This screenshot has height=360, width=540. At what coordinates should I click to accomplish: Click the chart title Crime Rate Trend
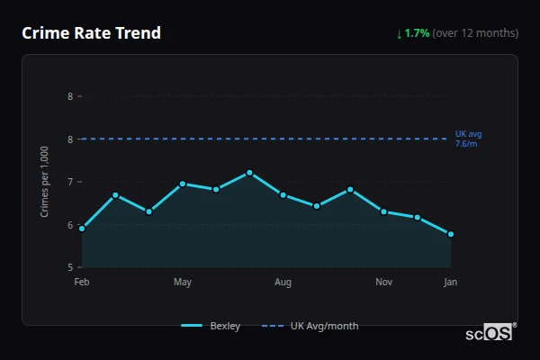pyautogui.click(x=91, y=33)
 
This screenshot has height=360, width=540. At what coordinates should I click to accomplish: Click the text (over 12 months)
pyautogui.click(x=475, y=33)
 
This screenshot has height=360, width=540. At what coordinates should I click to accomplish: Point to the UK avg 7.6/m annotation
pyautogui.click(x=468, y=139)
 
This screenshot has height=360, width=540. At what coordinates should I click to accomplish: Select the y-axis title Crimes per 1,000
pyautogui.click(x=44, y=182)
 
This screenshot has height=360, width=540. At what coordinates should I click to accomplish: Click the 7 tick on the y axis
pyautogui.click(x=70, y=182)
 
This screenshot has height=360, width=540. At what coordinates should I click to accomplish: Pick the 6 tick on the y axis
pyautogui.click(x=70, y=225)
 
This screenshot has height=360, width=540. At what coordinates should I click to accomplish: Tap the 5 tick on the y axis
pyautogui.click(x=70, y=267)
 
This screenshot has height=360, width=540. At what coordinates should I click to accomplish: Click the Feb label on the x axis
pyautogui.click(x=82, y=283)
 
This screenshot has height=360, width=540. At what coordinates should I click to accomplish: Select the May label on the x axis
pyautogui.click(x=183, y=283)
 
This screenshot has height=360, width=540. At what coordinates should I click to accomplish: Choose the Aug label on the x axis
pyautogui.click(x=283, y=283)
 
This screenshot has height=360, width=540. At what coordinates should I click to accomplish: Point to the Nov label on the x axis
pyautogui.click(x=383, y=283)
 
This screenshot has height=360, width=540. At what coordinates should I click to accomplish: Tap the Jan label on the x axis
pyautogui.click(x=451, y=283)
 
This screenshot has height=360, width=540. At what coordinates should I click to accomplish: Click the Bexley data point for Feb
pyautogui.click(x=82, y=229)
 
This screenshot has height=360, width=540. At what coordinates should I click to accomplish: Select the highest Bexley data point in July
pyautogui.click(x=249, y=173)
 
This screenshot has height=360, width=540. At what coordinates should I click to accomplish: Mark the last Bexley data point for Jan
pyautogui.click(x=451, y=234)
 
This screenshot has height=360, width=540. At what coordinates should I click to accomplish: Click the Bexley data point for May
pyautogui.click(x=183, y=184)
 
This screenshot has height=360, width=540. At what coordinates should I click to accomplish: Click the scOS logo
pyautogui.click(x=490, y=333)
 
